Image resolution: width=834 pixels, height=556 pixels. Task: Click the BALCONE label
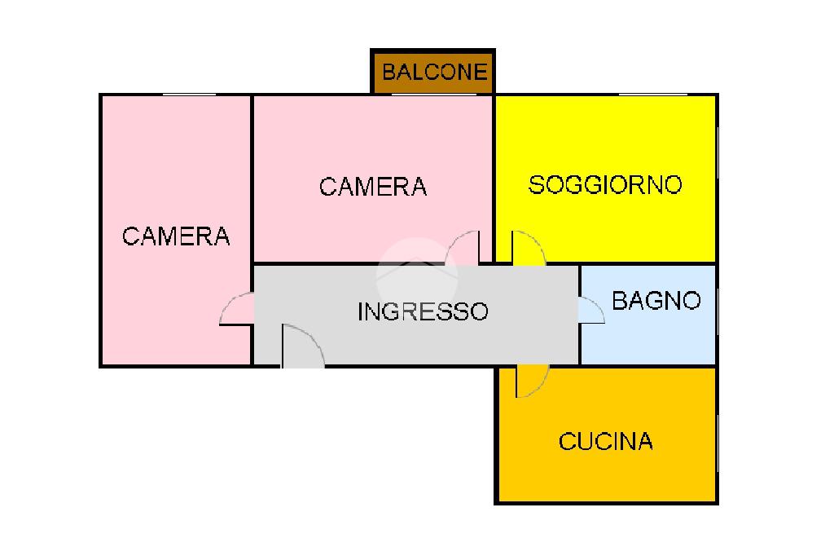[x=434, y=72]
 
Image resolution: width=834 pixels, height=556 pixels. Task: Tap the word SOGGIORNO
[x=605, y=185]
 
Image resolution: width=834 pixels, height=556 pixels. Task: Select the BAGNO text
[x=656, y=301]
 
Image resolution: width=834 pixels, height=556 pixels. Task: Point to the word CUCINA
[x=605, y=442]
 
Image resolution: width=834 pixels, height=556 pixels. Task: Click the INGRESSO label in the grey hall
[x=423, y=311]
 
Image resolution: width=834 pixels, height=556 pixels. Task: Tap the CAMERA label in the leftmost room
[x=176, y=236]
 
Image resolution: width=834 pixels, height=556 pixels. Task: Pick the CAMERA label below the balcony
[x=373, y=187]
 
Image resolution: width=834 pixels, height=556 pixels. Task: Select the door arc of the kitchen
[x=531, y=382]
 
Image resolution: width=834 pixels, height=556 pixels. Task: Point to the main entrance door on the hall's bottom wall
[x=302, y=347]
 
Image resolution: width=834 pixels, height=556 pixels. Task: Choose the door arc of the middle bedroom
[x=463, y=248]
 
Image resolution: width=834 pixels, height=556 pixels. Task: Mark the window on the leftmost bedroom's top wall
[x=188, y=95]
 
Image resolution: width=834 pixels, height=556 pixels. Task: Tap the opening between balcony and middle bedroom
[x=432, y=95]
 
